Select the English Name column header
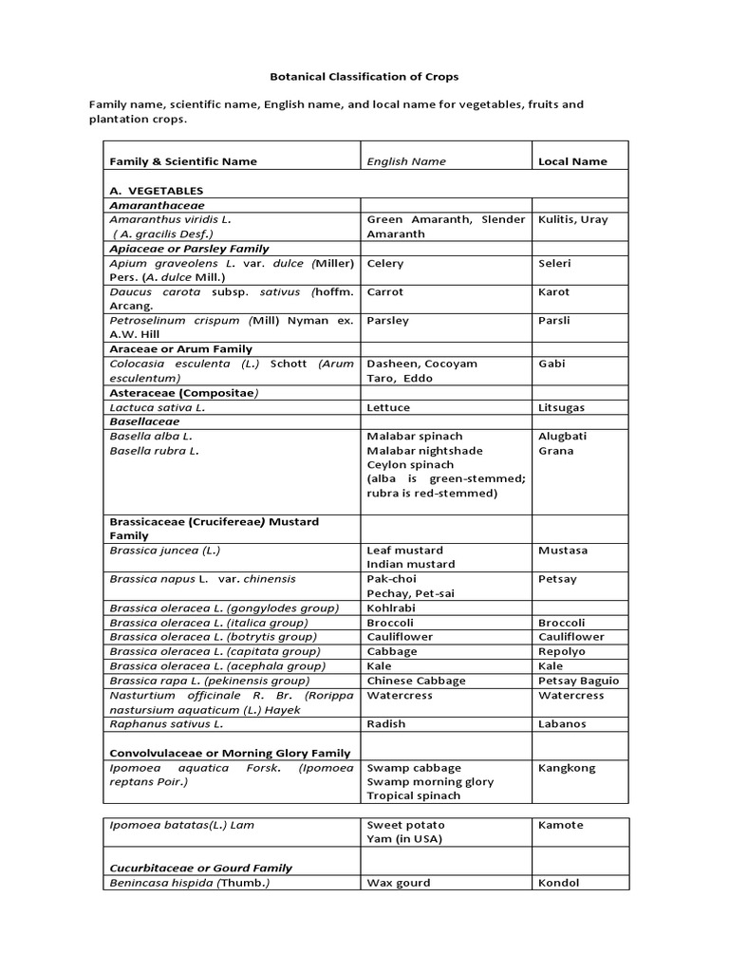[406, 161]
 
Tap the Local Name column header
[572, 161]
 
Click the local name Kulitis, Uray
[573, 219]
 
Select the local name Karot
[554, 292]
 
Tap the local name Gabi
[551, 364]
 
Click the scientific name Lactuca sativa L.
[158, 407]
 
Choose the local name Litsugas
[561, 407]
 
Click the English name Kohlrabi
[391, 607]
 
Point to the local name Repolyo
[563, 651]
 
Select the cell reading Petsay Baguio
[578, 681]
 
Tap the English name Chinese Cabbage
[416, 681]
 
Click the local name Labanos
[562, 724]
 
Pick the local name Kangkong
[567, 768]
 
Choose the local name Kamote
[561, 825]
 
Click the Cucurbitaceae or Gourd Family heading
[200, 868]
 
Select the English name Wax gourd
[399, 883]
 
